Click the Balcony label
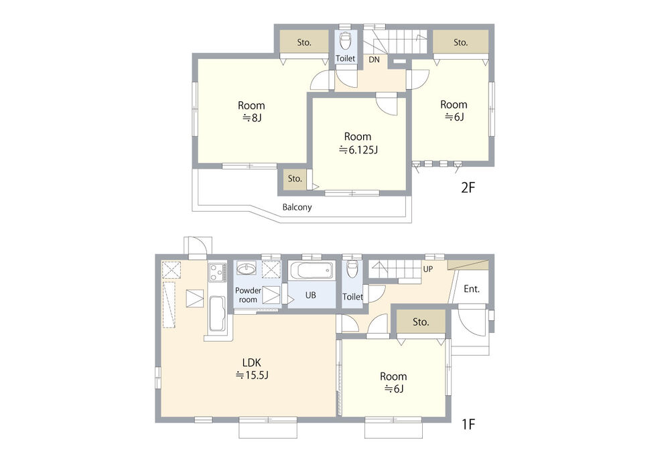coord(297,207)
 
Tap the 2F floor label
coord(468,187)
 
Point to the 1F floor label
coord(468,424)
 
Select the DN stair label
coord(374,60)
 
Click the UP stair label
coord(427,269)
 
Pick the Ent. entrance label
coord(472,289)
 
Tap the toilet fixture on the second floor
coord(345,41)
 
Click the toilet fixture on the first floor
coord(352,269)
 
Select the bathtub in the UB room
coord(312,271)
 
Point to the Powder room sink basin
coord(246,269)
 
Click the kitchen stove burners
coord(217,272)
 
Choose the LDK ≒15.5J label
coord(252,369)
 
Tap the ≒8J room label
coord(251,111)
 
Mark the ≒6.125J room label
coord(358,143)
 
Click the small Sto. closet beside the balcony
coord(295,178)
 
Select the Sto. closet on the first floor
coord(421,322)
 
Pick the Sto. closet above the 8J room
coord(304,42)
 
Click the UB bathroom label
coord(311,295)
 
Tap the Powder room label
coord(249,295)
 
